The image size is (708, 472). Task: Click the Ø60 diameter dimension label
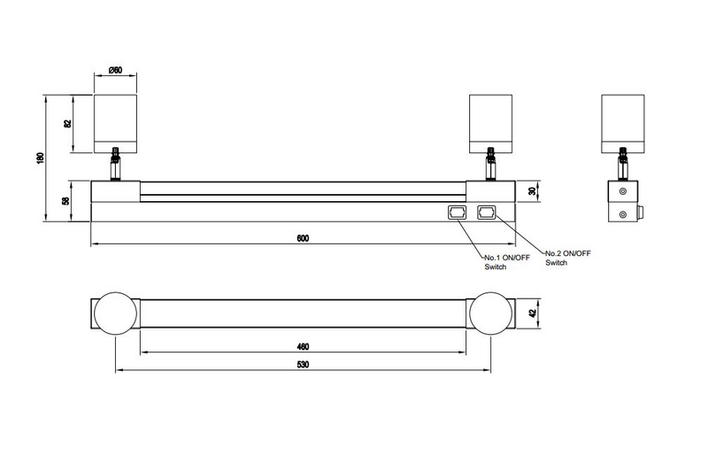coord(115,71)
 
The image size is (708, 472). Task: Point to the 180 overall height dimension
coord(40,158)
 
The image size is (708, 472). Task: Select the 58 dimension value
coord(67,202)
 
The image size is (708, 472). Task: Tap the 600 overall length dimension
coord(303,239)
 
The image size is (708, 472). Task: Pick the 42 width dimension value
coord(533,313)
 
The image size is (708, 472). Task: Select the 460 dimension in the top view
coord(303,345)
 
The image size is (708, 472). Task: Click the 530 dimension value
coord(303,364)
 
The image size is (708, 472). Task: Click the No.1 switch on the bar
coord(458,213)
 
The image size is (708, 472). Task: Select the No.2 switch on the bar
coord(486,213)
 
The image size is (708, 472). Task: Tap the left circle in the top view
coord(115,313)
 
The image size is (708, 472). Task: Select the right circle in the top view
coord(492,313)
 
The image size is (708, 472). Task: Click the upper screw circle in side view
coord(624,191)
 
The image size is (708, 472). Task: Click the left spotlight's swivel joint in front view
coord(115,165)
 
